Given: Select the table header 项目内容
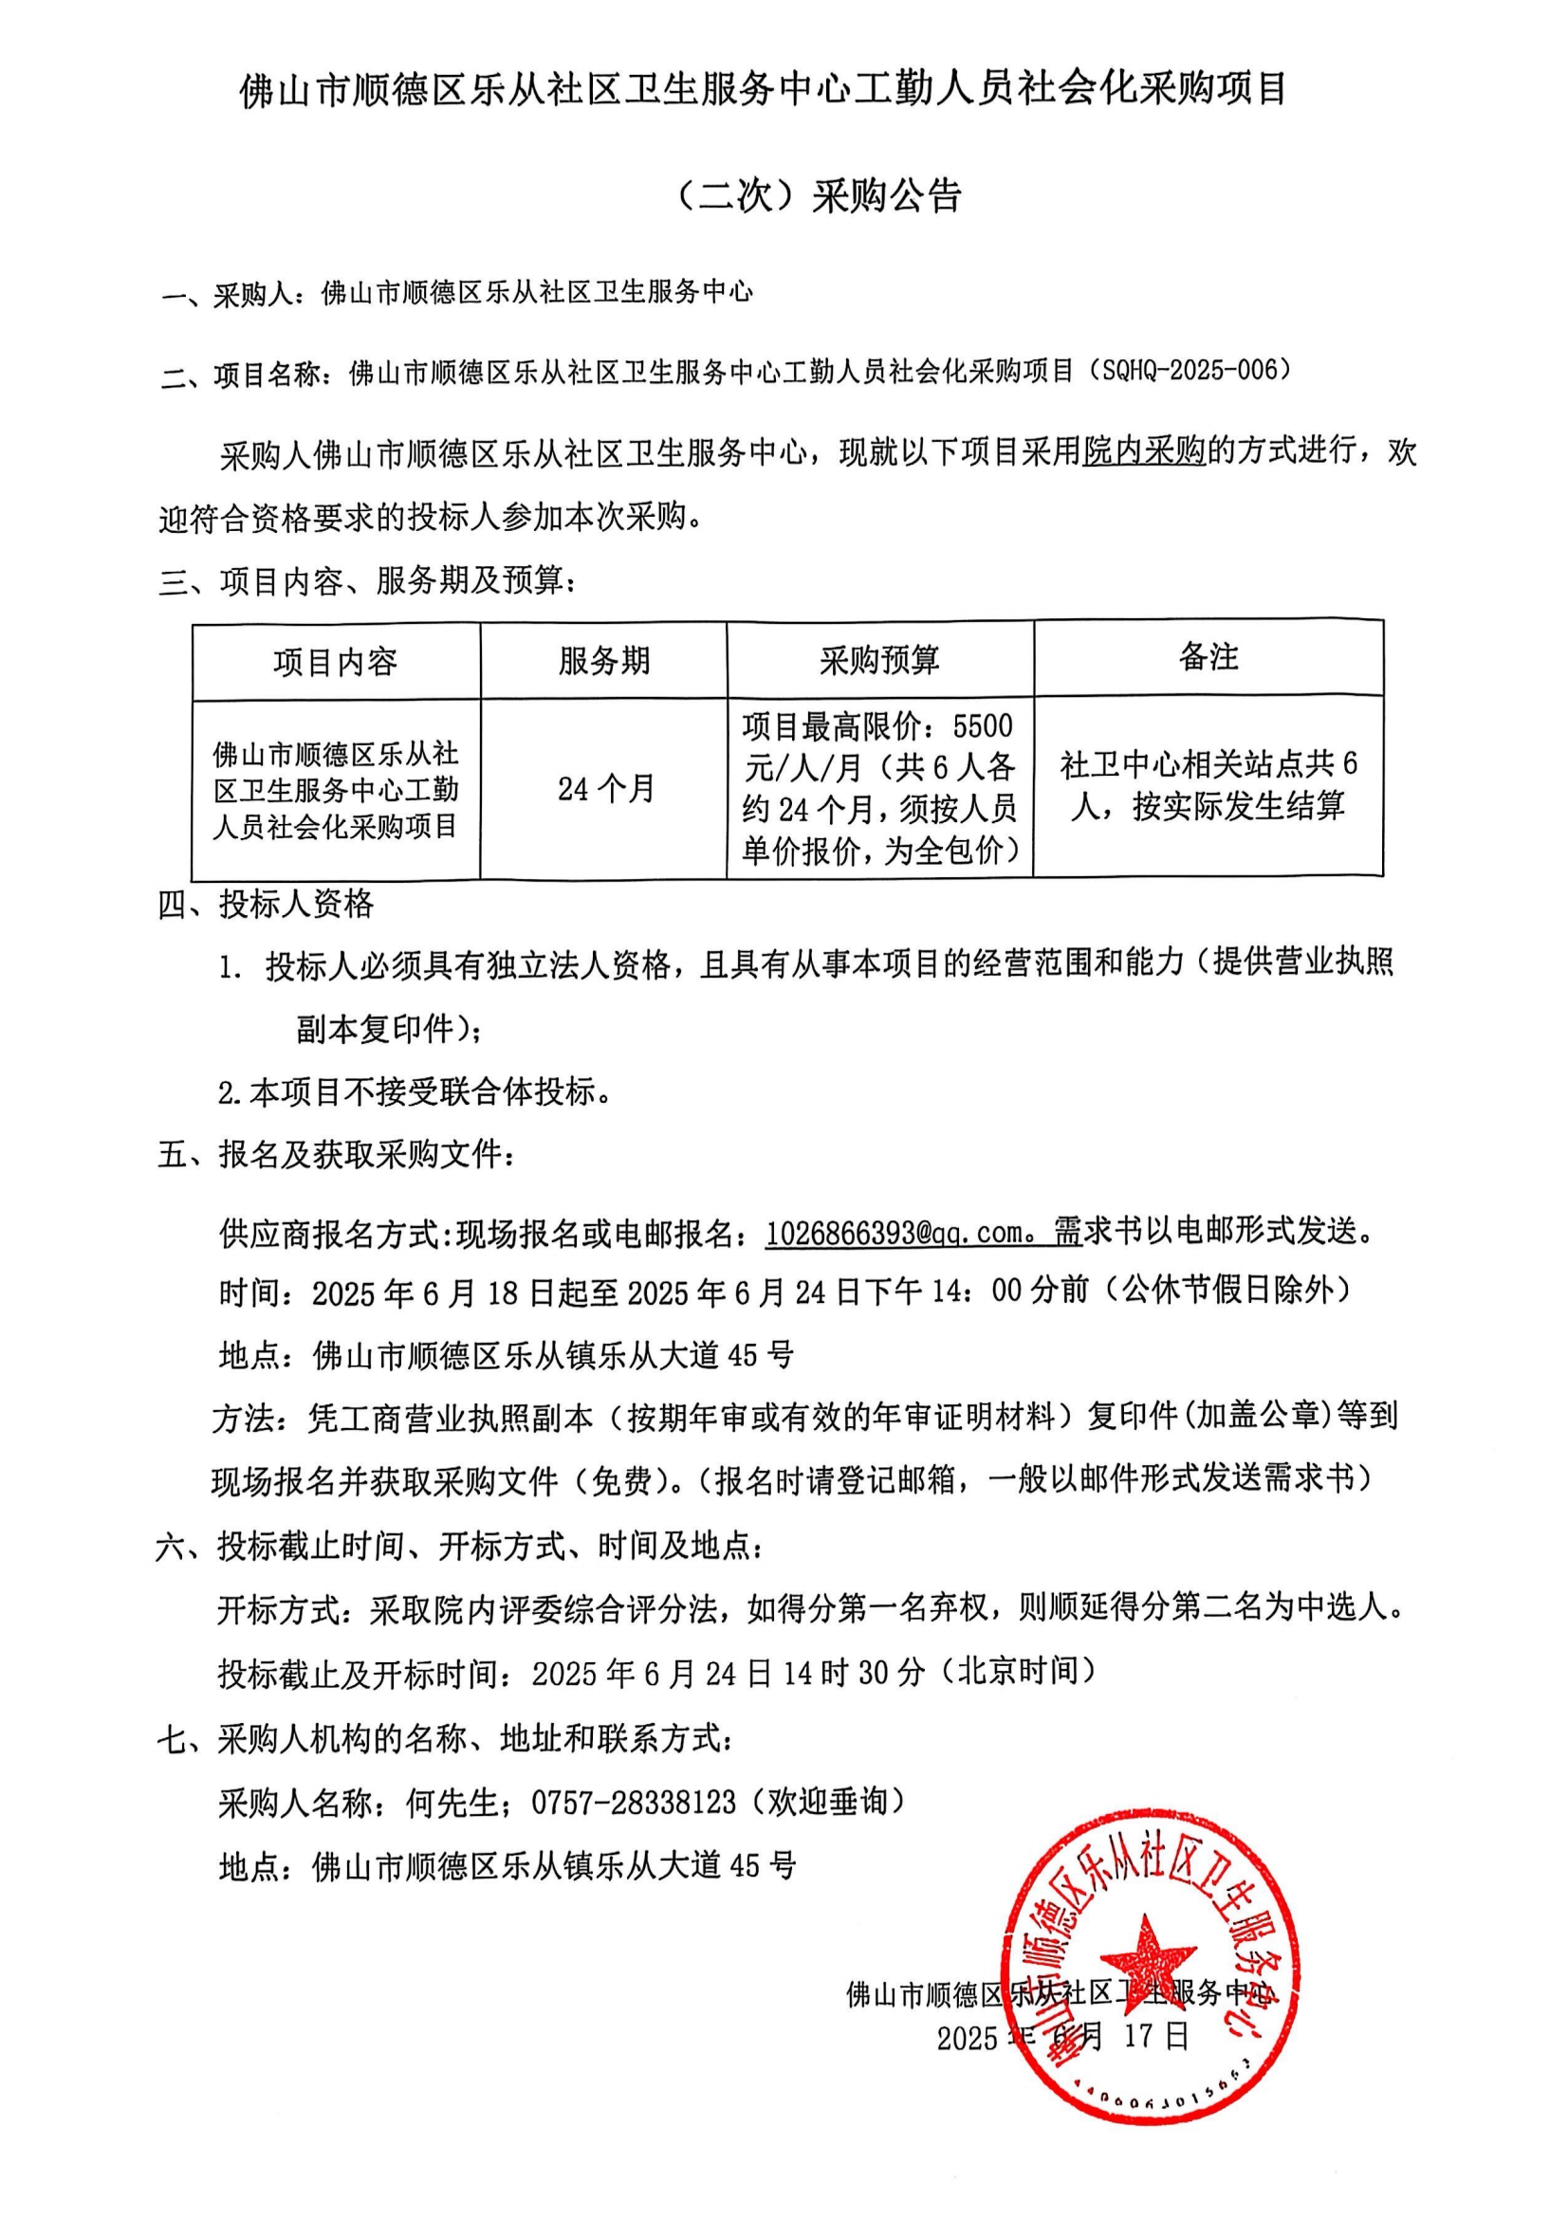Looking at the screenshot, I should pyautogui.click(x=335, y=663).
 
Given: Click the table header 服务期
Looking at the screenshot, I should pyautogui.click(x=604, y=662).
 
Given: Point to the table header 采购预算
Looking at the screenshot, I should pyautogui.click(x=879, y=662).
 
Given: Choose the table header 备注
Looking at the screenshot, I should pyautogui.click(x=1208, y=658).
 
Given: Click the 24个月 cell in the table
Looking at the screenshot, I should pyautogui.click(x=606, y=789).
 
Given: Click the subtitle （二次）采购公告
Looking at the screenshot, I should pyautogui.click(x=816, y=196).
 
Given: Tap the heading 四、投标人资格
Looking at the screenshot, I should pyautogui.click(x=266, y=905).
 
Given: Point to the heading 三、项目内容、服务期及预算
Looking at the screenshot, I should pyautogui.click(x=367, y=581).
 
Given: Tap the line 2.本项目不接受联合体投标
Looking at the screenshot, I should pyautogui.click(x=415, y=1092).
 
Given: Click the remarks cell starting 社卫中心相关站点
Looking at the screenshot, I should pyautogui.click(x=1208, y=785).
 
